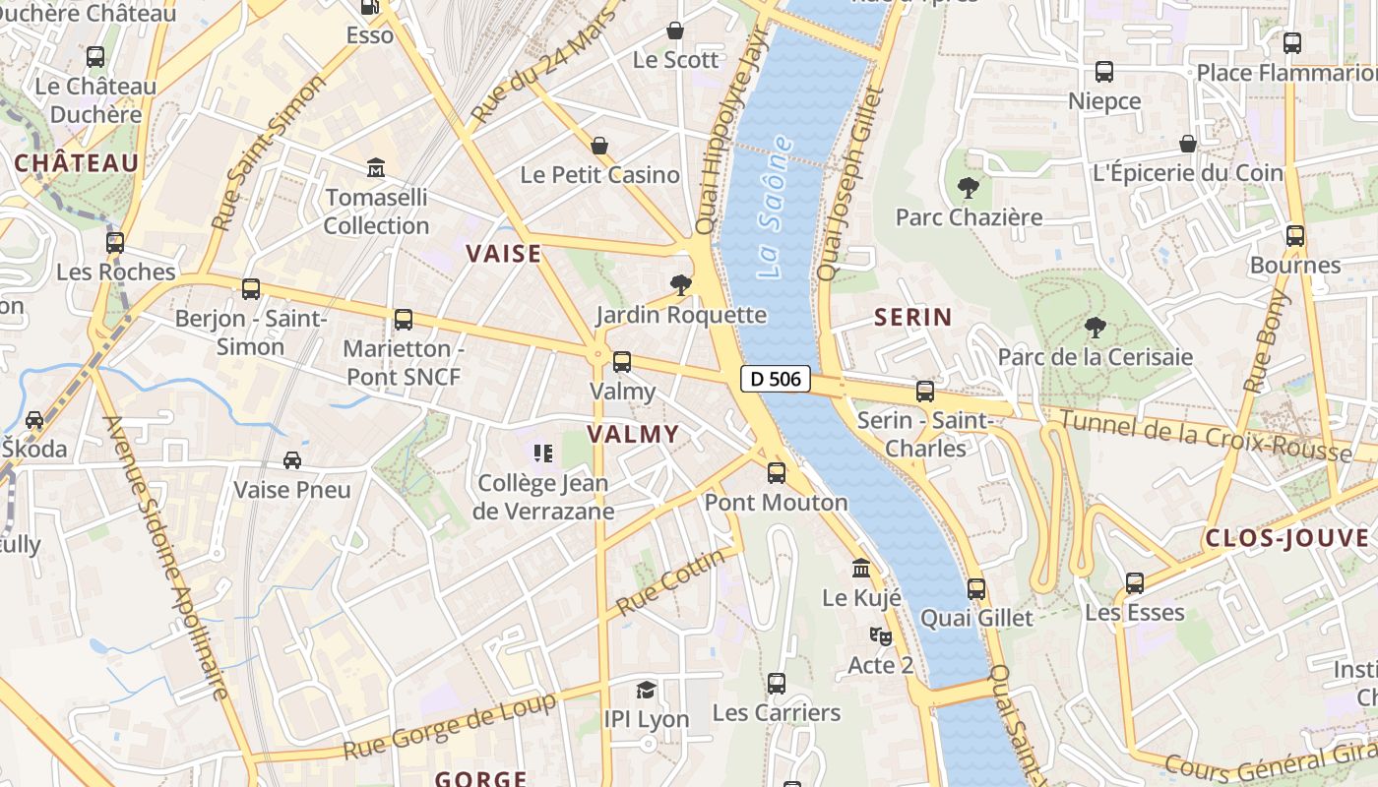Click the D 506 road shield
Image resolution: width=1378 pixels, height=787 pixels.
(x=776, y=379)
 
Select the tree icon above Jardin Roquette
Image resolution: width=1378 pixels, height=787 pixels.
(x=679, y=285)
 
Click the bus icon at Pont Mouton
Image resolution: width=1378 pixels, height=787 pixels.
(x=777, y=473)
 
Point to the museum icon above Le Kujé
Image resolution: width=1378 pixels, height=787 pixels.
(x=861, y=569)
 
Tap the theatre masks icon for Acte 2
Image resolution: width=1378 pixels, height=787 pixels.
(x=880, y=636)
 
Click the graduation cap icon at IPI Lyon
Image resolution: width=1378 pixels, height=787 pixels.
(x=646, y=690)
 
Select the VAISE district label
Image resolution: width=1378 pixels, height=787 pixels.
(x=504, y=254)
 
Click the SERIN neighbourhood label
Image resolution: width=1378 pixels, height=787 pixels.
(x=913, y=317)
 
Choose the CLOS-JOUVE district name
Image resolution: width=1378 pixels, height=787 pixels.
(x=1287, y=538)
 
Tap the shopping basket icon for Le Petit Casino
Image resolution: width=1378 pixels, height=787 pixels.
(x=599, y=147)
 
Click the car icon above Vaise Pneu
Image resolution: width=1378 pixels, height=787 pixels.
(x=292, y=459)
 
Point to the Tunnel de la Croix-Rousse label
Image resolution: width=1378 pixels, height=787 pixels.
(x=1206, y=436)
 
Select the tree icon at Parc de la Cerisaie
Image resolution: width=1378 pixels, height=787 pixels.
(x=1095, y=328)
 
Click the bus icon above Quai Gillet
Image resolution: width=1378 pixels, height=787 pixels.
(x=976, y=589)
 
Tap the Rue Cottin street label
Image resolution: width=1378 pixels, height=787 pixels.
(x=670, y=582)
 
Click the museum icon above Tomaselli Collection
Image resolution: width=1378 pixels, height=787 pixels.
(x=376, y=168)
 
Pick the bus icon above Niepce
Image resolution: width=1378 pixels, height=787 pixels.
(x=1104, y=72)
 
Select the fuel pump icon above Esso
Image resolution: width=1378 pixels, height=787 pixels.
(x=370, y=8)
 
